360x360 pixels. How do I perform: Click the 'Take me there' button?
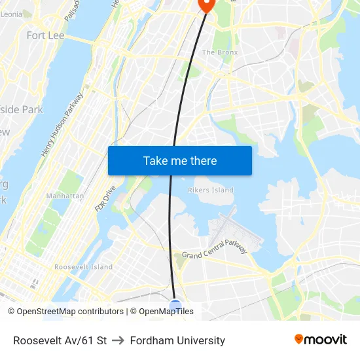coord(179,160)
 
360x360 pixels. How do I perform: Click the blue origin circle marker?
coord(175,305)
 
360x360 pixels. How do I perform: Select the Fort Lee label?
coord(45,35)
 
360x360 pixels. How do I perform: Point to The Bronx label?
coord(219,52)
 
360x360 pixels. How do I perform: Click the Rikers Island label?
coord(210,190)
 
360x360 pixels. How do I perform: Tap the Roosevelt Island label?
coord(83,267)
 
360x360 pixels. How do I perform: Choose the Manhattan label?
coord(65,196)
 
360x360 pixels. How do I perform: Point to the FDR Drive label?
coord(105,198)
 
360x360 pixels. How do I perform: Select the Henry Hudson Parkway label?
coord(63,124)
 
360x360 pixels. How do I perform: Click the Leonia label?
coord(17,14)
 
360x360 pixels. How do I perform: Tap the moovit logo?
coord(321,340)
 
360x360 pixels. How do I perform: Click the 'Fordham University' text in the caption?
coord(177,340)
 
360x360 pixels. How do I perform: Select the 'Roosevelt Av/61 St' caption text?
coord(60,340)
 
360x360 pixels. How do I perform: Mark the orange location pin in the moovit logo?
coord(299,339)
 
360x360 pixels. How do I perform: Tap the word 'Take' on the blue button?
coord(155,160)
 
